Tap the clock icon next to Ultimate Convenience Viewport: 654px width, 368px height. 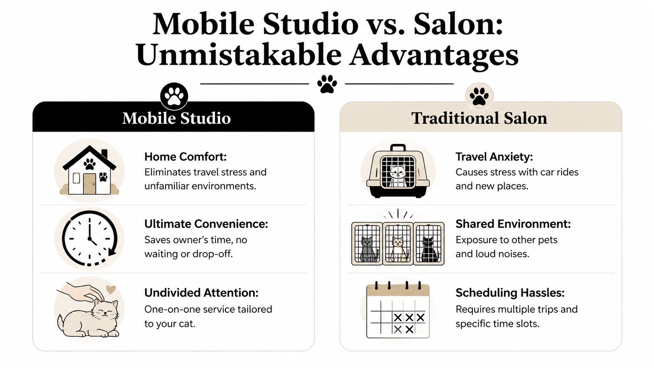coord(90,238)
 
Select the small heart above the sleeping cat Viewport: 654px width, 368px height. coord(111,290)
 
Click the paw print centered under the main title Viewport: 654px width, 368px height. coord(327,84)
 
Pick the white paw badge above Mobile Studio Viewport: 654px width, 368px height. coord(174,96)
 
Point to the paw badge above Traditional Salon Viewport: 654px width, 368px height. coord(479,96)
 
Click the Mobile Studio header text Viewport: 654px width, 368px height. coord(176,118)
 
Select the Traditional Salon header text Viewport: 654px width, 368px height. coord(479,118)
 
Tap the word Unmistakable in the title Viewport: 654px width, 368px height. coord(239,55)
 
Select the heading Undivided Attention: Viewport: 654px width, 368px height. coord(201,293)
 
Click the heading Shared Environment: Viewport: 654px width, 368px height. coord(513,224)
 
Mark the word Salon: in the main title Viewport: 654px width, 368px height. coord(458,24)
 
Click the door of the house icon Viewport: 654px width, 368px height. coord(89,184)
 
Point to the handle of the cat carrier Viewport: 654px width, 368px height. coord(398,147)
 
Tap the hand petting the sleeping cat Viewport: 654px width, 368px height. coord(80,292)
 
